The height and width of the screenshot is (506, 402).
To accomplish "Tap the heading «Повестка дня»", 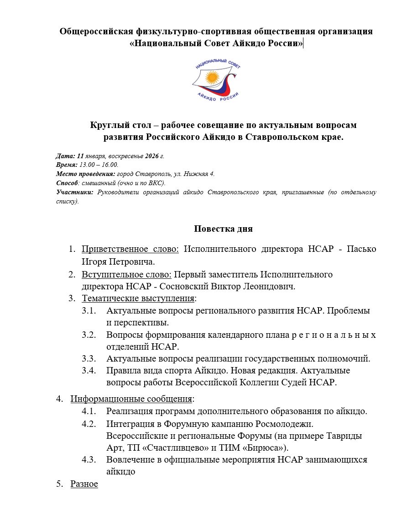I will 223,229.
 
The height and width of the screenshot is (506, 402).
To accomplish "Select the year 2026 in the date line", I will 154,156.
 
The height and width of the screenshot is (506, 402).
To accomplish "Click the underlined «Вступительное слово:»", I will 127,275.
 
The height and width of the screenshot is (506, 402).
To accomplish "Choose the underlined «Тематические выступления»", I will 138,298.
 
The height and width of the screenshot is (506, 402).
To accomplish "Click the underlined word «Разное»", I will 84,484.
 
